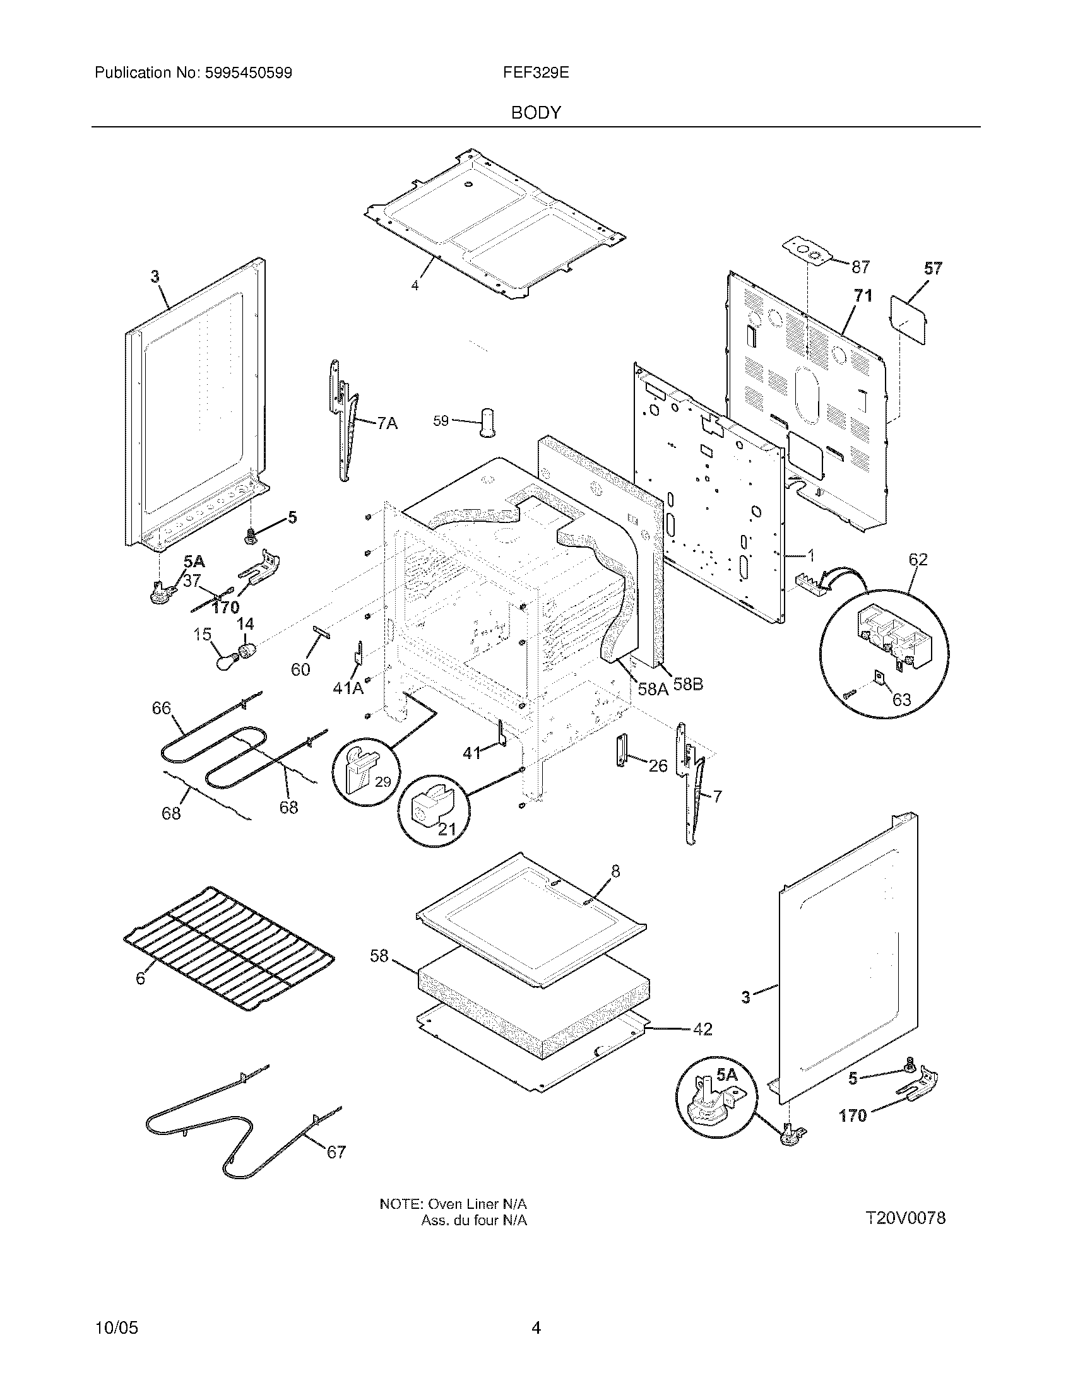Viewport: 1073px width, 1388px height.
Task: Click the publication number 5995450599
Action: (x=248, y=73)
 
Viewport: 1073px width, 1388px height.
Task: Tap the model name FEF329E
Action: (x=535, y=73)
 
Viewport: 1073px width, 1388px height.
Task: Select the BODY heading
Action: (x=536, y=113)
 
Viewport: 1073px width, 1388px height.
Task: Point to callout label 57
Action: (x=932, y=269)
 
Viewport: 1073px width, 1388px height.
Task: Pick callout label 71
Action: (x=863, y=295)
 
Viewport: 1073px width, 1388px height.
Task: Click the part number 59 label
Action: (x=441, y=421)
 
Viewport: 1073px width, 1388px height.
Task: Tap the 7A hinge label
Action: (x=386, y=423)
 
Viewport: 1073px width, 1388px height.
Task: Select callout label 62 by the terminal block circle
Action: (x=918, y=560)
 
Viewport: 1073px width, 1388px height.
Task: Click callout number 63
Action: (x=901, y=700)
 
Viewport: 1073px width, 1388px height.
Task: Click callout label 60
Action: (x=300, y=669)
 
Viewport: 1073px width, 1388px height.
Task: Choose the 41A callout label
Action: (x=348, y=688)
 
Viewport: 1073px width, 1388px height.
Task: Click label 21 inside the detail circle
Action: (x=448, y=830)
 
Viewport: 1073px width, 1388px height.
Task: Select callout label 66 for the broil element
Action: (x=162, y=708)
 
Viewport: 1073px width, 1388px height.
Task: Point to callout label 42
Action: (x=702, y=1030)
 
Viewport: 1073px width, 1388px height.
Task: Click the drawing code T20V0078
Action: (x=905, y=1218)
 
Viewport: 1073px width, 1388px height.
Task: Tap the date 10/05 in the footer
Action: (x=116, y=1327)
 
